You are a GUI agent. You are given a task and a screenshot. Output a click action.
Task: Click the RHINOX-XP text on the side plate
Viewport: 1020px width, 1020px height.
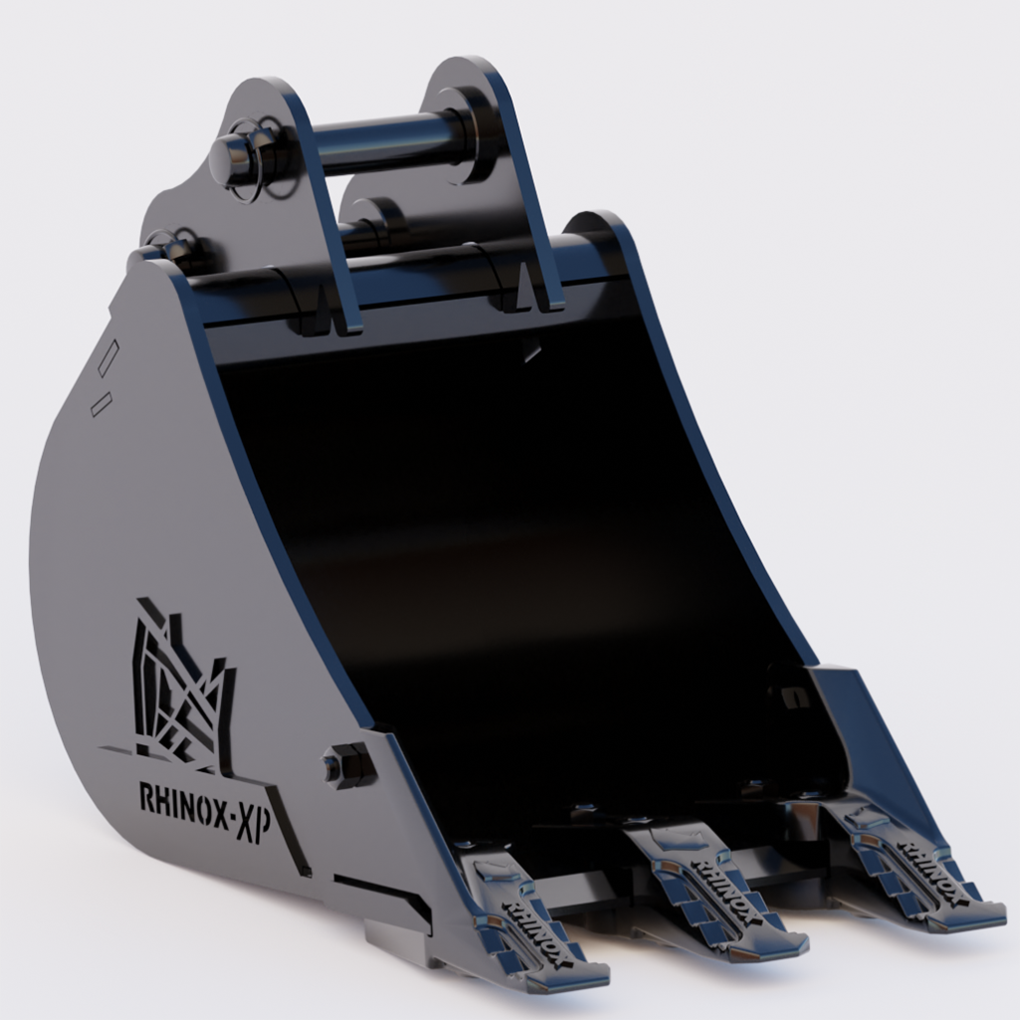[205, 800]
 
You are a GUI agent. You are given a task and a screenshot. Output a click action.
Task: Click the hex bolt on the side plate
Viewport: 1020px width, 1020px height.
[344, 765]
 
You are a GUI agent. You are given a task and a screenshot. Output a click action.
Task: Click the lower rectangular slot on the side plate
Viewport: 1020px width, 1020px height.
[101, 403]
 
